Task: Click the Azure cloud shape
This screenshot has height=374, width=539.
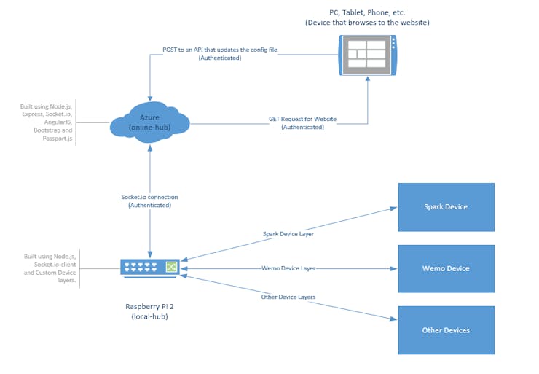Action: [x=149, y=122]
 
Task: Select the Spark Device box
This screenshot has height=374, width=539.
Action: [x=446, y=207]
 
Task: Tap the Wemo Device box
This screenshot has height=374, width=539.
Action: [x=446, y=269]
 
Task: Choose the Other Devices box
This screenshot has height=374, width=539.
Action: [x=446, y=330]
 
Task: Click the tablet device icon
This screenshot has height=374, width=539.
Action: [x=368, y=55]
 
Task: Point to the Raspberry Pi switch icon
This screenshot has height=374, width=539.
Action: [x=150, y=268]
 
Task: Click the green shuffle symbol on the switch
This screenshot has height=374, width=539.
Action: [x=171, y=267]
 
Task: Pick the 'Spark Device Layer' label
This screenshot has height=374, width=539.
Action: [x=288, y=234]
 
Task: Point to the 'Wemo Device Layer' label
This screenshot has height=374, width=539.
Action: [x=288, y=268]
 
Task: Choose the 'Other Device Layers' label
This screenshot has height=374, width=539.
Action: [x=288, y=297]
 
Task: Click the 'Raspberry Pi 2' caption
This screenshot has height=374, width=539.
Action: [x=149, y=306]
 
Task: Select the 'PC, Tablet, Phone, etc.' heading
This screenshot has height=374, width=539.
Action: [x=367, y=12]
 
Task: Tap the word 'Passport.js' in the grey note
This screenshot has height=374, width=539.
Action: [x=58, y=139]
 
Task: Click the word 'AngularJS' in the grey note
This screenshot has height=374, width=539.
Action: [x=58, y=122]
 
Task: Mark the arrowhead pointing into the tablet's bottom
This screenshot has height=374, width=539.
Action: [x=368, y=79]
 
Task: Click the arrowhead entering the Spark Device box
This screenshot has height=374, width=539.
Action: [x=393, y=209]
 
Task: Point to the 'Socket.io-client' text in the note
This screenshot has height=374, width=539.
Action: [x=55, y=265]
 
